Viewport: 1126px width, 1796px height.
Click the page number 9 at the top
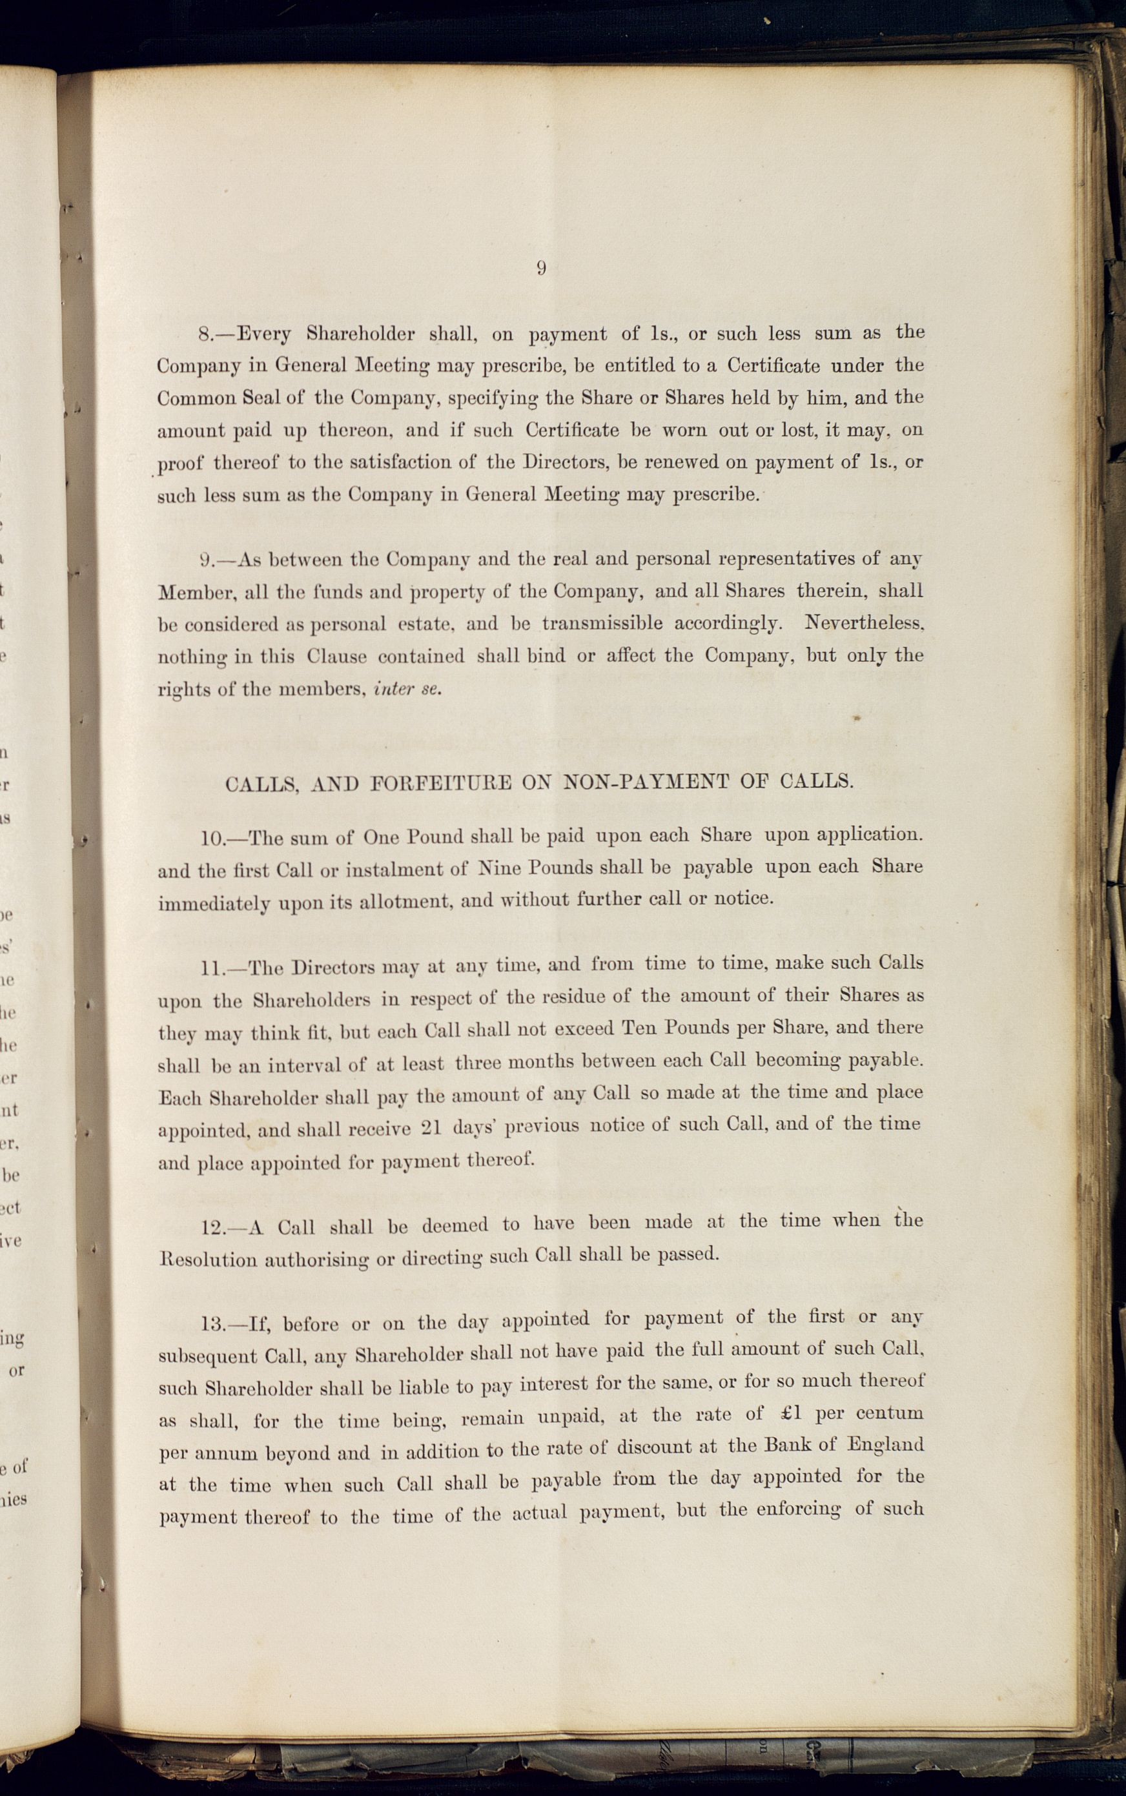542,269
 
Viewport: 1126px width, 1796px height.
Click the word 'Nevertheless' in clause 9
864,622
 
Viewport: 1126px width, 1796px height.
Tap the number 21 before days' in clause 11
432,1128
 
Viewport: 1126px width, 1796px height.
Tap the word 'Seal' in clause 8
260,398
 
